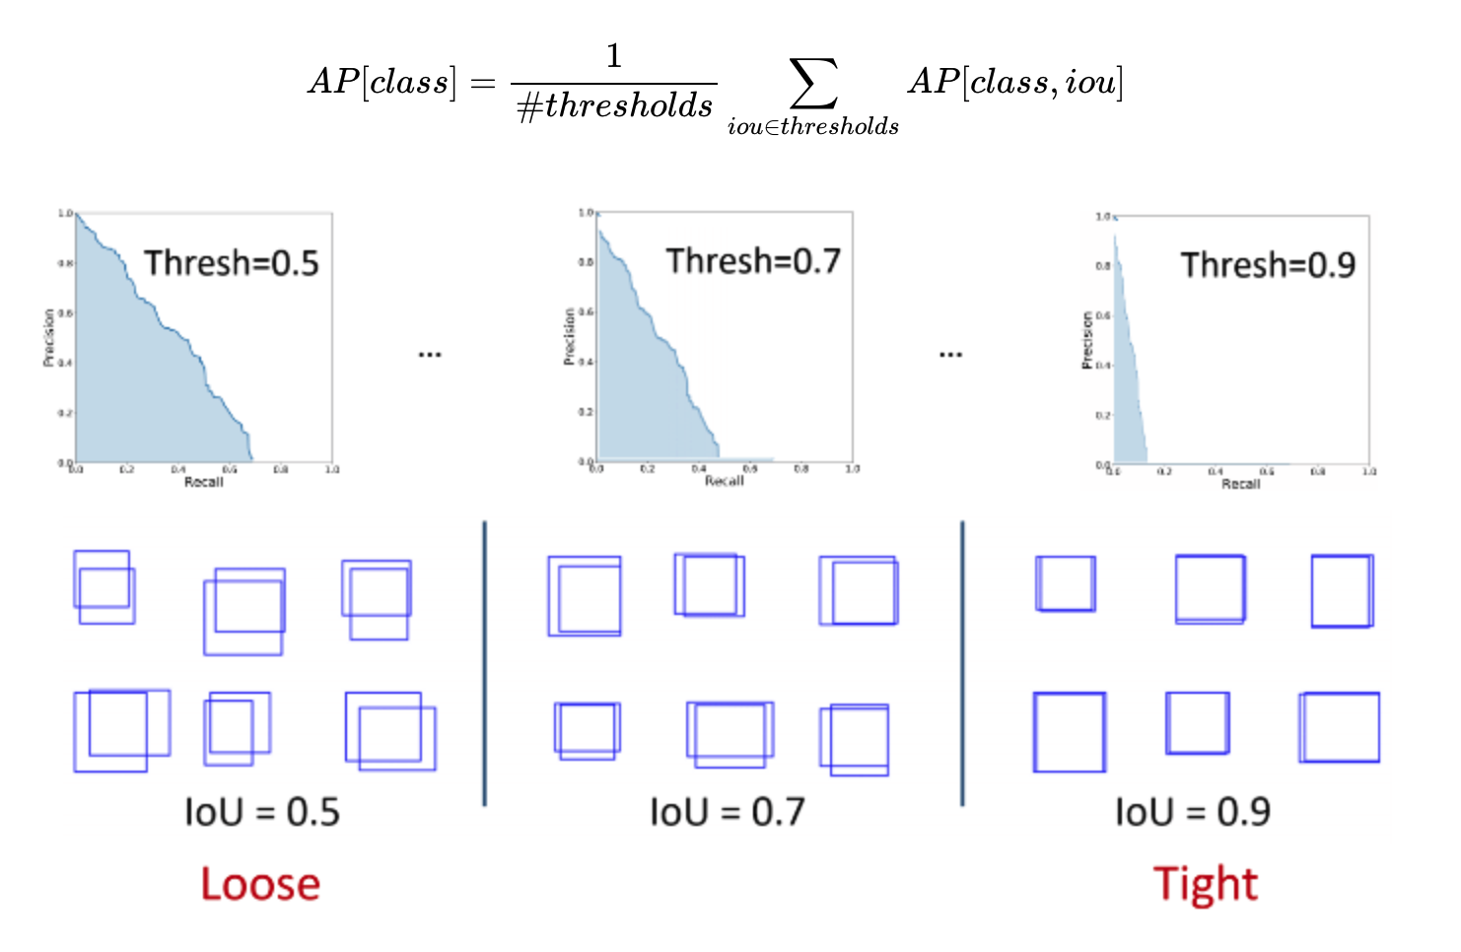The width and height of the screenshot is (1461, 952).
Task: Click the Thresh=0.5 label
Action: pos(232,263)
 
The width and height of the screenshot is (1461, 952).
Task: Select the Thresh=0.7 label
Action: pos(753,261)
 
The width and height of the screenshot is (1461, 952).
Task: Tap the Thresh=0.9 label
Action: pos(1268,265)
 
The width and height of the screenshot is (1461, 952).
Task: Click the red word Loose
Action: pos(260,884)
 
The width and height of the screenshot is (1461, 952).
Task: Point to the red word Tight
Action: pos(1206,884)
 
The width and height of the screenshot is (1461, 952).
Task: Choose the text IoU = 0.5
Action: pos(262,812)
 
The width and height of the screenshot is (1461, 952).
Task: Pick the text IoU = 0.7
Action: pos(728,812)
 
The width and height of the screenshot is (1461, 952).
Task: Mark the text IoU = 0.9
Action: pos(1193,812)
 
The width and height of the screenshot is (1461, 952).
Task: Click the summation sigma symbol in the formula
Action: pos(813,83)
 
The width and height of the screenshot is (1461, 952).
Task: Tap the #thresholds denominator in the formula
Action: pos(615,105)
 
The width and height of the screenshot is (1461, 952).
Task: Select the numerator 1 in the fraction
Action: pos(614,56)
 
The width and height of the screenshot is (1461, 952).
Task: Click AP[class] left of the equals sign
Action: pos(383,82)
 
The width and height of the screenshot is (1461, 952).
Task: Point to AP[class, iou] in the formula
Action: pos(1015,82)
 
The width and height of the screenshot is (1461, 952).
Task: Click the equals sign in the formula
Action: pos(483,83)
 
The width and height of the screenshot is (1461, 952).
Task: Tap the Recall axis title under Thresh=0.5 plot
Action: pos(204,482)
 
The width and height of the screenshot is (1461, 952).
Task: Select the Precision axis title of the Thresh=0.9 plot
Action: pos(1087,340)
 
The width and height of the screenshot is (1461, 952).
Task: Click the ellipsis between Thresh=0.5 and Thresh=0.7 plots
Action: pos(430,354)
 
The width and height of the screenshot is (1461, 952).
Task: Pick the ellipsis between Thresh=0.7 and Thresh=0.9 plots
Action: pos(950,354)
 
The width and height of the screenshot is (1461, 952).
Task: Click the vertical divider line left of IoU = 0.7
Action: pos(485,663)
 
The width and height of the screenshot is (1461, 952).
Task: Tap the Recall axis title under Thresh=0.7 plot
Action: pos(725,481)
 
